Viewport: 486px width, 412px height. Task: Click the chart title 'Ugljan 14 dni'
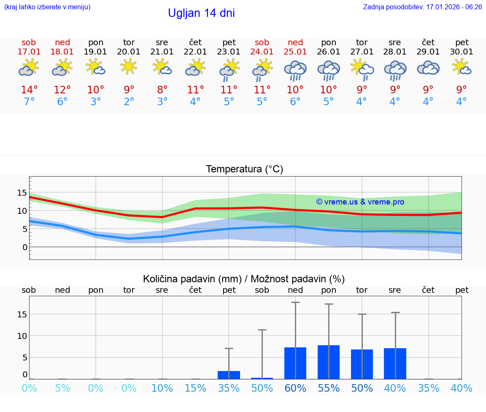pyautogui.click(x=201, y=13)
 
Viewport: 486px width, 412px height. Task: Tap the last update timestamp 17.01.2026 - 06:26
pyautogui.click(x=422, y=7)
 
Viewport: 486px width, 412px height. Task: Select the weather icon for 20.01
pyautogui.click(x=129, y=67)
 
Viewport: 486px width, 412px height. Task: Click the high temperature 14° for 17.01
pyautogui.click(x=29, y=90)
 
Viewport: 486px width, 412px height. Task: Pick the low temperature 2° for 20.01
pyautogui.click(x=129, y=102)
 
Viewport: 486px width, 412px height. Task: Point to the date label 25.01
pyautogui.click(x=295, y=52)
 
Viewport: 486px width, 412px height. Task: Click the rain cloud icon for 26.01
pyautogui.click(x=329, y=70)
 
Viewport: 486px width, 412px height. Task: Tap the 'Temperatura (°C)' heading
pyautogui.click(x=244, y=169)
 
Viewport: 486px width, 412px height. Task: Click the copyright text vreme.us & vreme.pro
pyautogui.click(x=360, y=202)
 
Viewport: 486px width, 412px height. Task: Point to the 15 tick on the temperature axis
pyautogui.click(x=22, y=193)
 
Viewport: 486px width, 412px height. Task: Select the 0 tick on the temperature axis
pyautogui.click(x=24, y=247)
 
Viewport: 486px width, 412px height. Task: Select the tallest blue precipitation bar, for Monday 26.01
pyautogui.click(x=329, y=362)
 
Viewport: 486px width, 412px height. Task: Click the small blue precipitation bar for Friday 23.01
pyautogui.click(x=229, y=375)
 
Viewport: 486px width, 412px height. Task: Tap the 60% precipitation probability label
pyautogui.click(x=295, y=388)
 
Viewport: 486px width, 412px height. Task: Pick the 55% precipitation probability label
pyautogui.click(x=329, y=388)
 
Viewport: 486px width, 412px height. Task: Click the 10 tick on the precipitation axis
pyautogui.click(x=22, y=336)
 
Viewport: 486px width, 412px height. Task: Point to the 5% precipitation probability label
pyautogui.click(x=62, y=388)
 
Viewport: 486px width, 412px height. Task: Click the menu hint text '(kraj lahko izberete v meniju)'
pyautogui.click(x=47, y=7)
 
